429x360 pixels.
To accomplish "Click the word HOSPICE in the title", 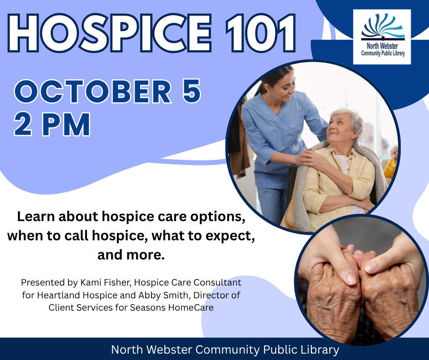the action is (x=110, y=33).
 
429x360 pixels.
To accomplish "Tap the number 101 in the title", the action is (x=261, y=33).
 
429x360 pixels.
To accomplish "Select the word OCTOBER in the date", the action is (x=93, y=91).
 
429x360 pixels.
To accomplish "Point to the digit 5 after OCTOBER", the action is (x=192, y=91).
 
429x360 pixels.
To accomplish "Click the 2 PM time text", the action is (x=52, y=124).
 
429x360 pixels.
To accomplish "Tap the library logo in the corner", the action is (x=382, y=37).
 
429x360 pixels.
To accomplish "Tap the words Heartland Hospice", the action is (x=77, y=295).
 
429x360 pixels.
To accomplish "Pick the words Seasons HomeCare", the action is (x=172, y=307).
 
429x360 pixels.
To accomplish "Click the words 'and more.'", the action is (x=131, y=255).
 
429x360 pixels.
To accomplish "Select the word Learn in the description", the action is (x=36, y=217).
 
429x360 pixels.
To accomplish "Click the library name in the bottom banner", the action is (x=225, y=349).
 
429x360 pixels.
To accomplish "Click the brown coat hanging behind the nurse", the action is (x=241, y=143).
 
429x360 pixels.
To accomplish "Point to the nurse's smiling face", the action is (x=285, y=85).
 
